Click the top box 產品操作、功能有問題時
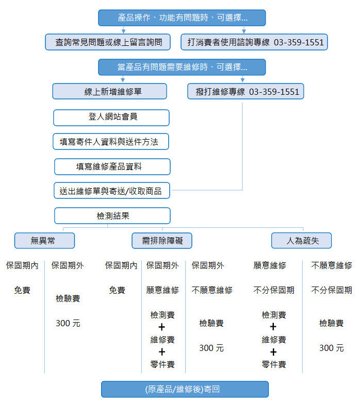pos(182,18)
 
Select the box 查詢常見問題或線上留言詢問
pos(108,42)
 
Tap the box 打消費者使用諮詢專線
pos(254,42)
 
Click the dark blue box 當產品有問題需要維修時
pos(182,67)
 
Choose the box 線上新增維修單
pos(109,91)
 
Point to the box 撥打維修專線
pos(246,91)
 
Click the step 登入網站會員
pos(111,117)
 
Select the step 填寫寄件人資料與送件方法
pos(111,141)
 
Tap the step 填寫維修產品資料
pos(112,166)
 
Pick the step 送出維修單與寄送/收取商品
pos(112,191)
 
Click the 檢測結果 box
pos(112,215)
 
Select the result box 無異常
pos(44,241)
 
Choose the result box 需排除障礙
pos(162,241)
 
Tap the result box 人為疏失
pos(301,241)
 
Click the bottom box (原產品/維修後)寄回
pos(185,389)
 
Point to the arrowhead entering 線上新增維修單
pos(123,80)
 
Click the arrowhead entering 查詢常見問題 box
pos(124,31)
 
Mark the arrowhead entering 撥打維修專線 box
pos(242,80)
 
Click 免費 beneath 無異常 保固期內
pos(22,290)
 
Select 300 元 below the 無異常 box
pos(68,323)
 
